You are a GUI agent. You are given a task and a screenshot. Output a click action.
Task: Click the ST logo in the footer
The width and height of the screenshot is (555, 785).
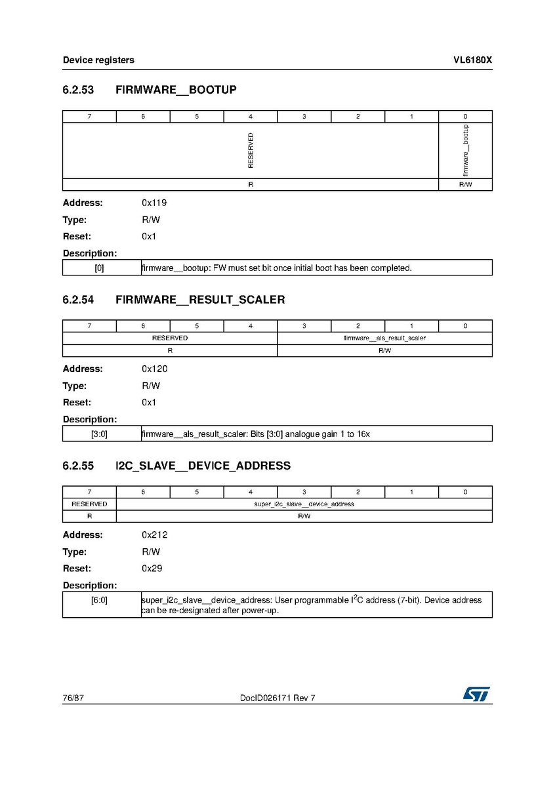click(476, 694)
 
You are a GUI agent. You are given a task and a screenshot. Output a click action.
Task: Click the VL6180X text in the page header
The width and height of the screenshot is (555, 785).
click(472, 60)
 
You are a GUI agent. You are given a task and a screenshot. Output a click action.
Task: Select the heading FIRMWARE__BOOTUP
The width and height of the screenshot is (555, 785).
click(176, 90)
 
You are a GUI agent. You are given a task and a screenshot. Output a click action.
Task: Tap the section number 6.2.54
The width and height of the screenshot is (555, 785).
click(78, 300)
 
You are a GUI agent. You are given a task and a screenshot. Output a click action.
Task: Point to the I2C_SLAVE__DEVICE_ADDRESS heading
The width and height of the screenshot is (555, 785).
click(203, 466)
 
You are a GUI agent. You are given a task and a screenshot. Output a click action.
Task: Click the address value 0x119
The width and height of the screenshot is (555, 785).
click(154, 203)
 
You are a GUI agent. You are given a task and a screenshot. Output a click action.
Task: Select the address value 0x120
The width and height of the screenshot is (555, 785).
click(154, 369)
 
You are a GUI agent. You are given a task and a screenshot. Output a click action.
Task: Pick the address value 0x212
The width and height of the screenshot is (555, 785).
click(154, 535)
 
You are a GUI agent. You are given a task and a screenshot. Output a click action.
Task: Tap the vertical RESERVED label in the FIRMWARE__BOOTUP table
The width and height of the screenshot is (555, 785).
click(251, 150)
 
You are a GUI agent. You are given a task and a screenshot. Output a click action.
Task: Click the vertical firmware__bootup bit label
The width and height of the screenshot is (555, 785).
click(465, 150)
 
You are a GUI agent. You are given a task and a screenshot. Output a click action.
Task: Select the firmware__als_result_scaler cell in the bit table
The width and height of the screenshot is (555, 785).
click(384, 338)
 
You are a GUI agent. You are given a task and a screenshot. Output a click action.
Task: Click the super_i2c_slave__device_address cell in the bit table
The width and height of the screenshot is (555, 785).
click(304, 504)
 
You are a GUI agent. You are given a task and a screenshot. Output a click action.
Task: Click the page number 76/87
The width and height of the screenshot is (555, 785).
click(73, 698)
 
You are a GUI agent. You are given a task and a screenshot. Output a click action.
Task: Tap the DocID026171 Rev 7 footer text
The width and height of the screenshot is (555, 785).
click(277, 698)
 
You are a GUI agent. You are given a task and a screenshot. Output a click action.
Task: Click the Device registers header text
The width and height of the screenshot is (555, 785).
click(98, 60)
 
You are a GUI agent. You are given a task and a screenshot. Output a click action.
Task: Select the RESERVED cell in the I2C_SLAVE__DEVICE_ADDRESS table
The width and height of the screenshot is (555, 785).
click(89, 504)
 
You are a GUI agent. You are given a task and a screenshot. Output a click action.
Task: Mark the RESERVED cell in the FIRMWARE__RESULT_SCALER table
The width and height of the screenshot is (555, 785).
click(170, 338)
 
